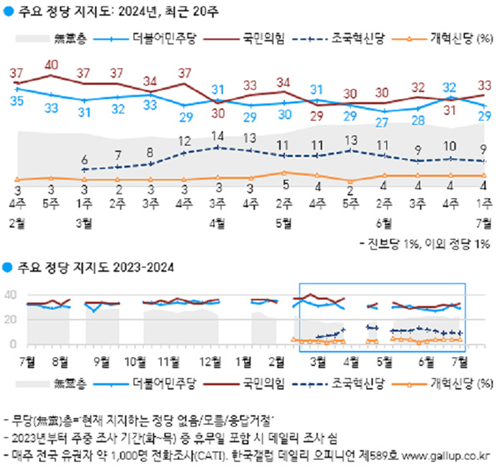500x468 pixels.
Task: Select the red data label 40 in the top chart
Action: click(51, 65)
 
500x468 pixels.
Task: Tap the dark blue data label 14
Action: click(217, 136)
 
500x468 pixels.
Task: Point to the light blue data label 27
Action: click(383, 122)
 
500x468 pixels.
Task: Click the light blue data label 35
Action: click(17, 102)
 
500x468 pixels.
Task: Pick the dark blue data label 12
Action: click(184, 142)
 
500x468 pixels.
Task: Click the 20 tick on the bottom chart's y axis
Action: click(12, 320)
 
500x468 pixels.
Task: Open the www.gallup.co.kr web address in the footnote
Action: click(447, 456)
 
